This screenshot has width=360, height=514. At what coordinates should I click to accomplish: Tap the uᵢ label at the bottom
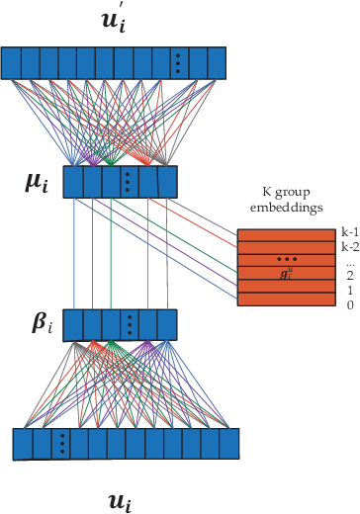pos(118,502)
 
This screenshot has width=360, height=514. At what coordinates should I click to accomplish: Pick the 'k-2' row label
pos(349,246)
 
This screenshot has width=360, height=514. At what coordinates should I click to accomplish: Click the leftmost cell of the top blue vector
pos(11,63)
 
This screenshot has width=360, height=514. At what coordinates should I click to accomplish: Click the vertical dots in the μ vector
pos(127,183)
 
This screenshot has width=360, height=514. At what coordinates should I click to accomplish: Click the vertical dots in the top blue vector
pos(177,63)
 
